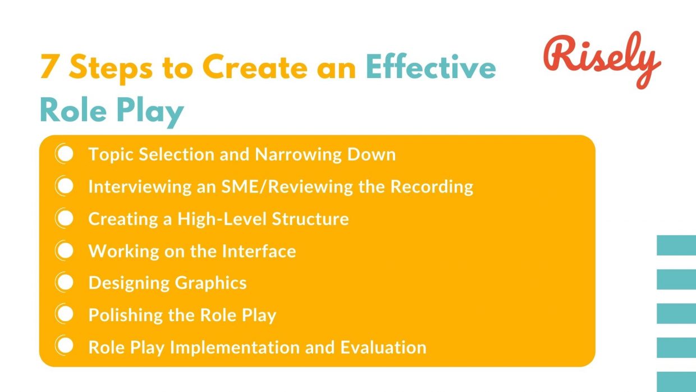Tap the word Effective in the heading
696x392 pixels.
[431, 68]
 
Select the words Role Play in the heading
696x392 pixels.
[112, 111]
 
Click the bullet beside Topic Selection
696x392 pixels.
[65, 154]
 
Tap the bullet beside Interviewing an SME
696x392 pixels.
[65, 186]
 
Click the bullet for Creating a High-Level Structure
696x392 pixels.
[65, 218]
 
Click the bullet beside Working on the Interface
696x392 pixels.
[65, 251]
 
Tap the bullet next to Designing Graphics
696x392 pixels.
[65, 282]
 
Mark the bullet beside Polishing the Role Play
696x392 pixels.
[65, 315]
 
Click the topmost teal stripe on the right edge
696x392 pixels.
[676, 245]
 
